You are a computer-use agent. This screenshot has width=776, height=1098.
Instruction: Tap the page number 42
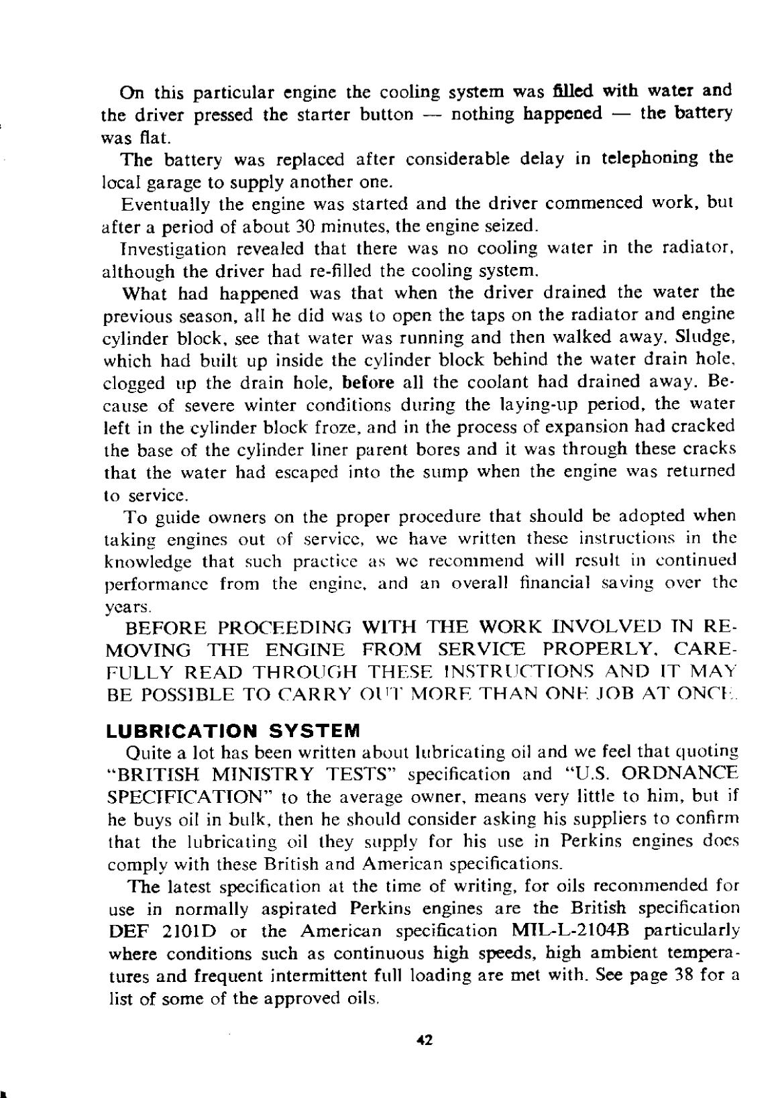point(424,1040)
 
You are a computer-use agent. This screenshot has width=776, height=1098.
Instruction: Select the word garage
point(165,182)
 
